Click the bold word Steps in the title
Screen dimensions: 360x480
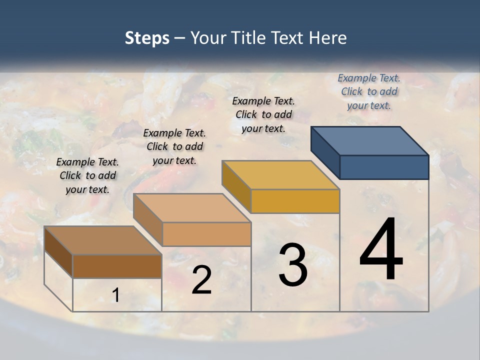click(x=147, y=38)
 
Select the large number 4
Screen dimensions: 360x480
click(x=381, y=249)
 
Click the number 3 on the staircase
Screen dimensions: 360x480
click(x=293, y=265)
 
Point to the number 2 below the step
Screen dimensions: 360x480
click(x=201, y=280)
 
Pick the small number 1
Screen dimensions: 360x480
click(x=116, y=295)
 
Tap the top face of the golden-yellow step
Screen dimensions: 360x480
click(x=280, y=175)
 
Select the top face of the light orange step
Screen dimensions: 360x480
click(x=191, y=208)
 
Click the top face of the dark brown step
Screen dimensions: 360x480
click(x=103, y=240)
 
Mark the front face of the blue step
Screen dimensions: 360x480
click(x=384, y=167)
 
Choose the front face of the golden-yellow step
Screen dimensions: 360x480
click(x=295, y=201)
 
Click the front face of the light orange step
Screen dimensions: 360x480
click(x=206, y=234)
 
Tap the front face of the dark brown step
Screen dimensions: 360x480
click(x=117, y=266)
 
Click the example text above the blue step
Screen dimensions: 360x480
click(x=369, y=91)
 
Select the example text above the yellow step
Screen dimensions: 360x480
click(x=263, y=114)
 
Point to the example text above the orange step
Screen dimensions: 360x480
click(x=174, y=146)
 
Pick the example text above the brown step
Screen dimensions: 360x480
click(x=87, y=175)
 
